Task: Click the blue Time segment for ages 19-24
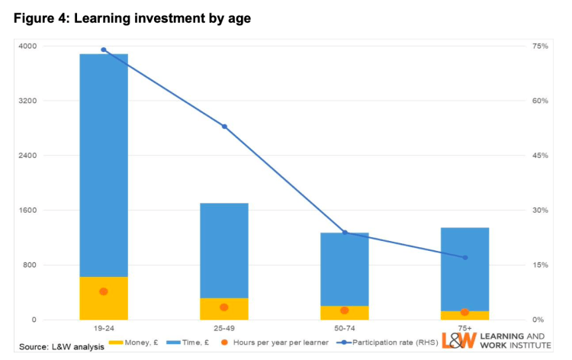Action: coord(104,164)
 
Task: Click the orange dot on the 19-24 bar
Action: coord(104,291)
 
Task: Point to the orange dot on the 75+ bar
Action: coord(464,312)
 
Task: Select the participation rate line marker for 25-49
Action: coord(224,126)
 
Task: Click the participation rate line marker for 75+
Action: coord(464,257)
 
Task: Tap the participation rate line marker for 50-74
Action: coord(344,232)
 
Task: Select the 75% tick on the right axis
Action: coord(540,47)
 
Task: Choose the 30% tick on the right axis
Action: coord(540,211)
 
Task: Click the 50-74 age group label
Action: coord(344,328)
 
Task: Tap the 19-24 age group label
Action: coord(104,328)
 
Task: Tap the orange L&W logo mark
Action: coord(456,341)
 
